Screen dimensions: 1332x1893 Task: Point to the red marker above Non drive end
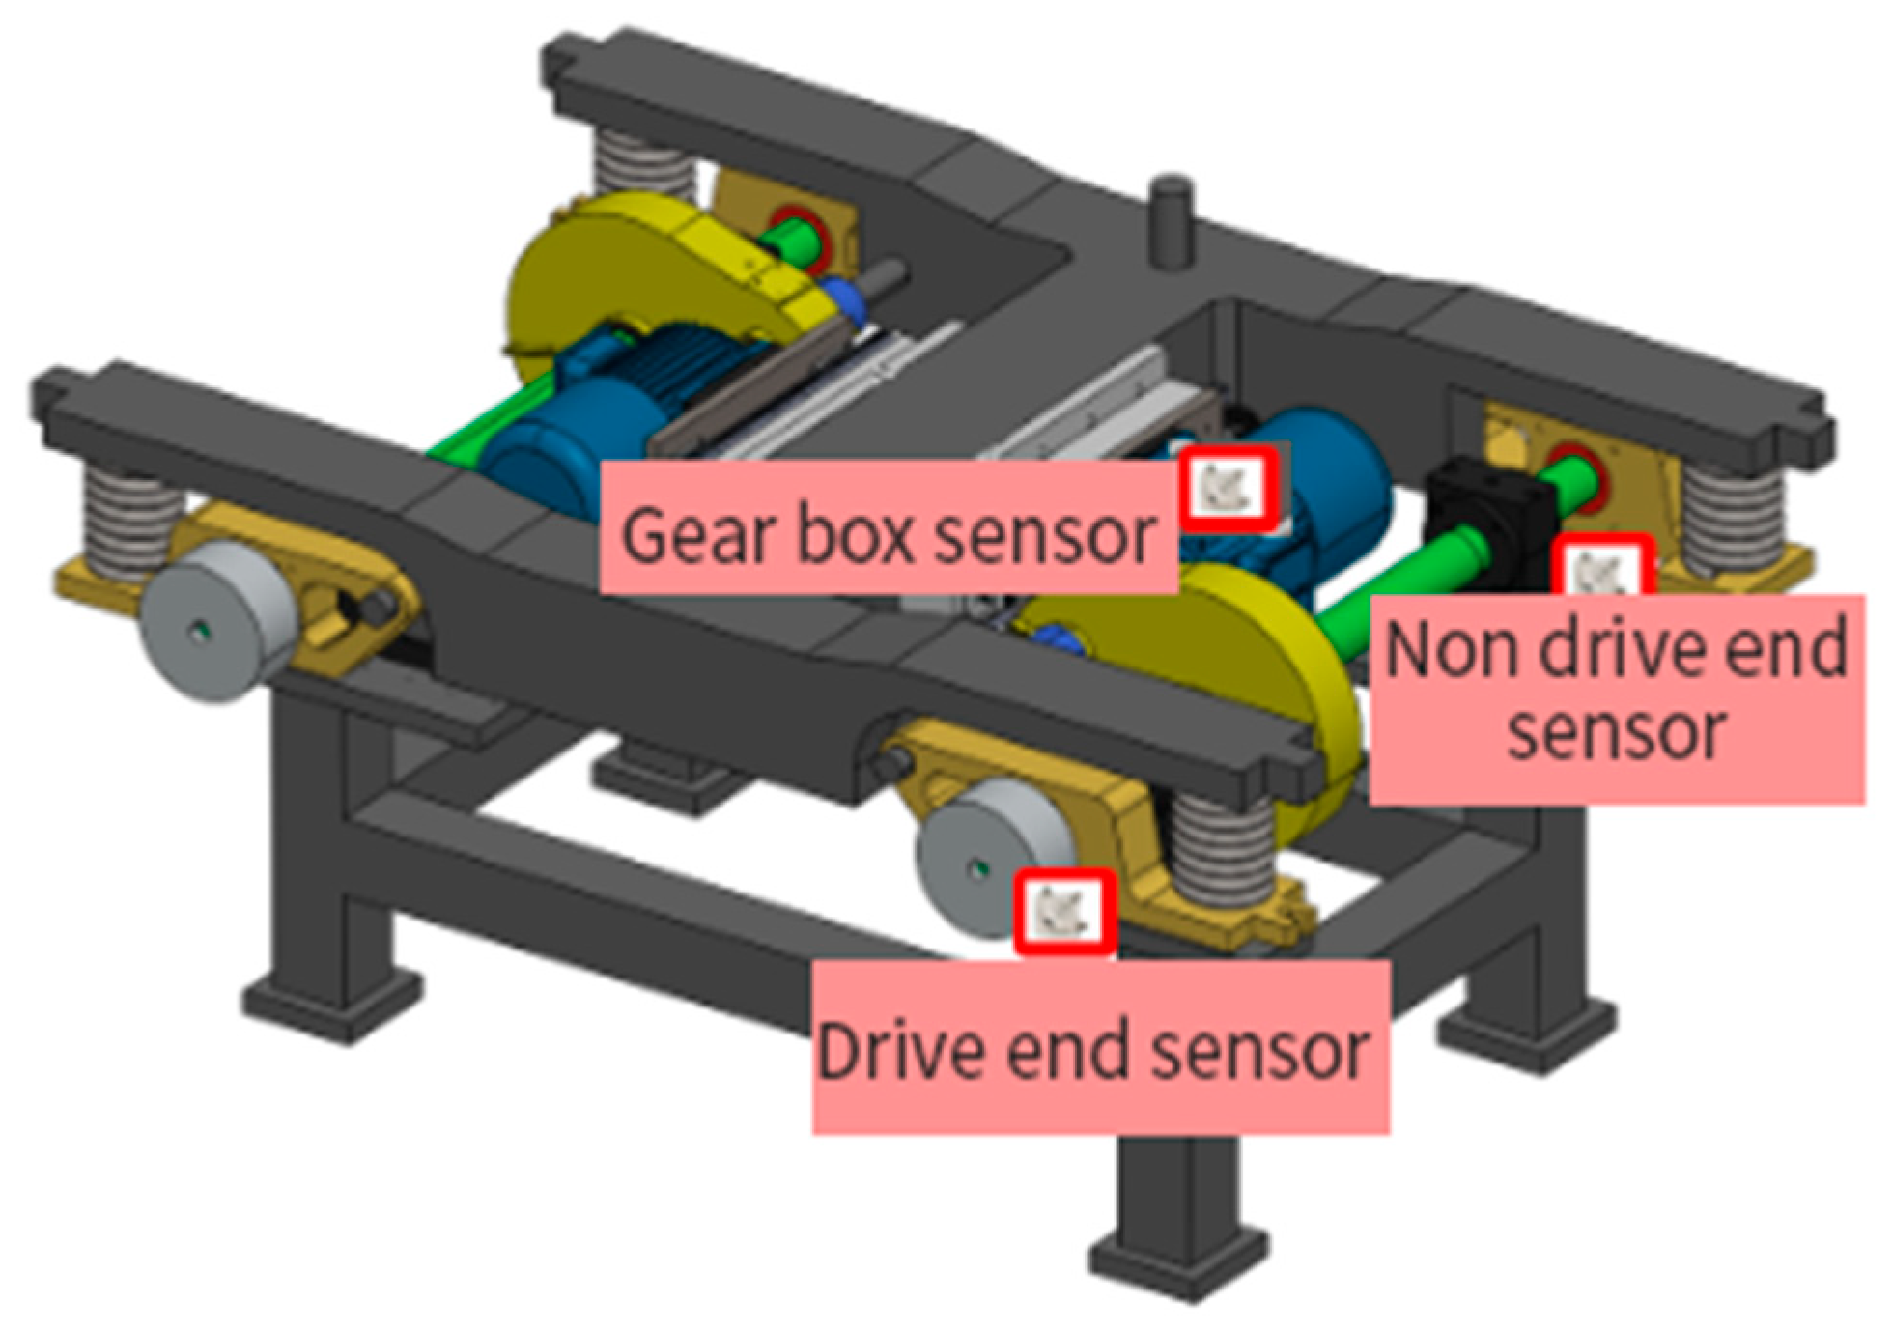tap(1603, 570)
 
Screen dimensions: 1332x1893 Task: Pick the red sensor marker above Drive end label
tap(1065, 911)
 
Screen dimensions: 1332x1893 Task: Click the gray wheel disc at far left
tap(217, 618)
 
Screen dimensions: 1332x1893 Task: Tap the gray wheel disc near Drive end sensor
tap(985, 855)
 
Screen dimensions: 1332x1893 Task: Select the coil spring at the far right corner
tap(1734, 517)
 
